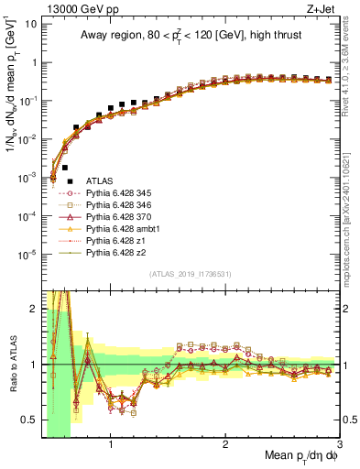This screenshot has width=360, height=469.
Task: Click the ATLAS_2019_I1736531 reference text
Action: (x=191, y=274)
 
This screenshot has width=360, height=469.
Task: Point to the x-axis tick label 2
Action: (x=225, y=445)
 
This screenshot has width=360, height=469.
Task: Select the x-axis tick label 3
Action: (x=339, y=445)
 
